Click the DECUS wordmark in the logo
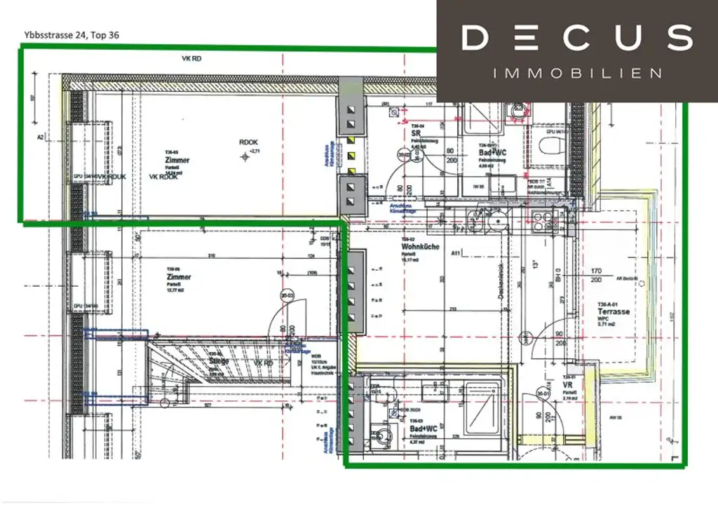[577, 37]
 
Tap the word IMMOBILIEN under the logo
[577, 73]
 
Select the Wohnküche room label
[415, 248]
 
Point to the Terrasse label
[613, 311]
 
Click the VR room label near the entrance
[568, 384]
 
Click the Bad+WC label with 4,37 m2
[424, 427]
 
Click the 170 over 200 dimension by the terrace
[597, 274]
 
